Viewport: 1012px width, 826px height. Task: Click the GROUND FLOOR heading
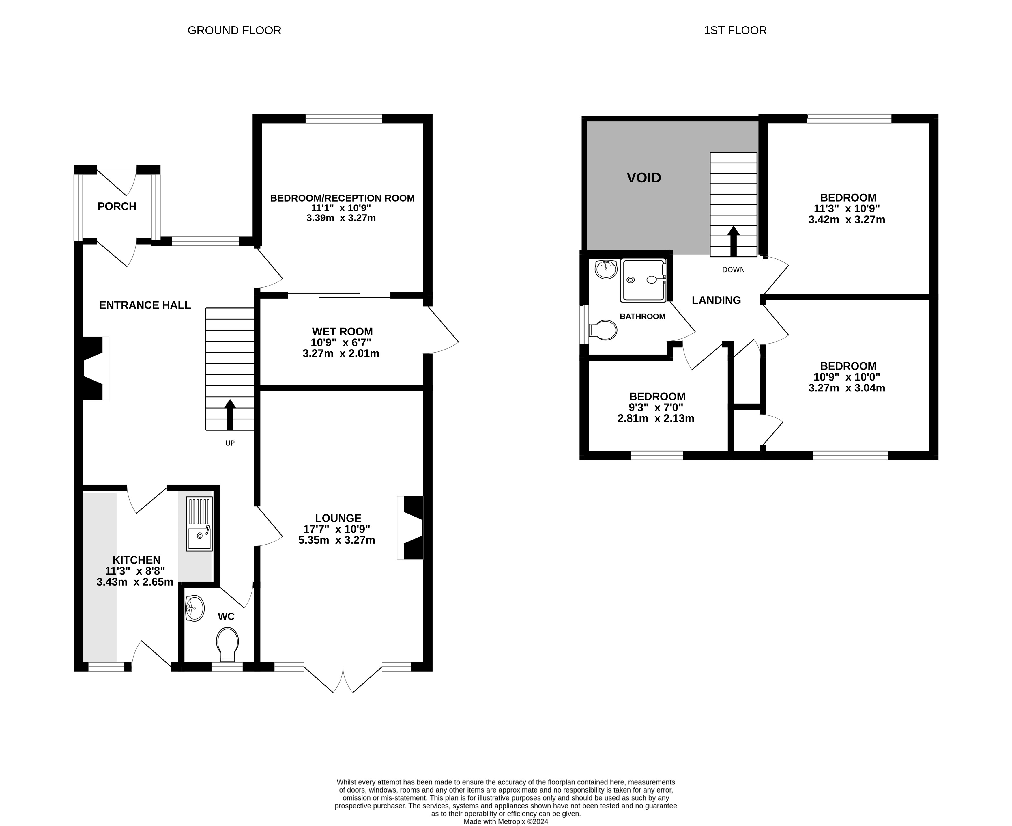[234, 30]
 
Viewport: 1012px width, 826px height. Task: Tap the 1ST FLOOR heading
[735, 30]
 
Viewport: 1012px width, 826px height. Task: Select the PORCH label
[117, 206]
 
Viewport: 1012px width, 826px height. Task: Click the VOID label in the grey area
[644, 178]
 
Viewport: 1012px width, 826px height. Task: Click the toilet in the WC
[227, 644]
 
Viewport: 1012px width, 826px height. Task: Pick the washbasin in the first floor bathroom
[606, 270]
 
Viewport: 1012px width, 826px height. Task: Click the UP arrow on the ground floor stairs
[230, 415]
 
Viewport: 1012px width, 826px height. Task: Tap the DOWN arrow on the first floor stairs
[734, 241]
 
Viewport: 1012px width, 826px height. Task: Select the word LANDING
[716, 300]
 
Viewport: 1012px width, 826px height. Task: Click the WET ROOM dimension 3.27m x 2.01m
[341, 353]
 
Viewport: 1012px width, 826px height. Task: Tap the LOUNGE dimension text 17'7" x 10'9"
[337, 529]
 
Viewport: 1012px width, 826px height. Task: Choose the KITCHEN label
[136, 560]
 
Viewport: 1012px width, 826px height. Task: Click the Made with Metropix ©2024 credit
[506, 821]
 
